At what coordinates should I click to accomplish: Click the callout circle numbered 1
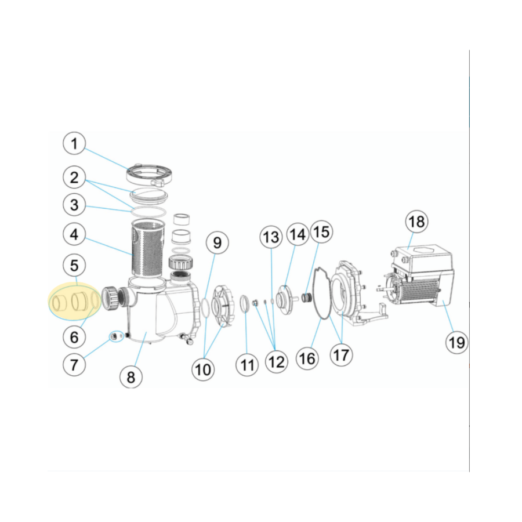[74, 144]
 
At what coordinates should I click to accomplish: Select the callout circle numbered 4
[74, 235]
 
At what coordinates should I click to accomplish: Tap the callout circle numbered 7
[74, 364]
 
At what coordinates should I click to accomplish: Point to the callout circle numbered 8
[130, 377]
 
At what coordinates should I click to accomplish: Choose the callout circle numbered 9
[216, 242]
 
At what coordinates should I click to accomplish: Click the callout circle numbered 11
[248, 365]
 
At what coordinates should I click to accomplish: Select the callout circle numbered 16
[307, 358]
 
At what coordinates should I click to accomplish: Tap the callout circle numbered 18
[416, 221]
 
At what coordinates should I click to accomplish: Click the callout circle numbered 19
[457, 342]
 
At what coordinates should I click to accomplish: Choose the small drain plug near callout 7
[114, 336]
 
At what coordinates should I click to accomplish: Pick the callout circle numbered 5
[74, 266]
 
